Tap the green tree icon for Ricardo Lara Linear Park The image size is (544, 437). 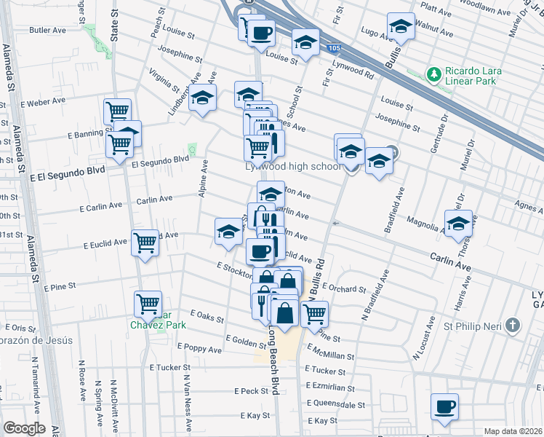(434, 74)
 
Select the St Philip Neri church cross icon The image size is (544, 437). (513, 326)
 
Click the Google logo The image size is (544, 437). (24, 428)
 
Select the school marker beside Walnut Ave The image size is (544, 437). (400, 27)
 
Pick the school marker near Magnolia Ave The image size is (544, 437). (458, 224)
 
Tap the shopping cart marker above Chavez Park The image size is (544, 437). (148, 303)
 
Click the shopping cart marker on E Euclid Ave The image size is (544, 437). (145, 242)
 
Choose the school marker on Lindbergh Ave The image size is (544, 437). (203, 98)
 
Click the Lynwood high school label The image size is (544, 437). (292, 166)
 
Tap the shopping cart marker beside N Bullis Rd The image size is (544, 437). (314, 314)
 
